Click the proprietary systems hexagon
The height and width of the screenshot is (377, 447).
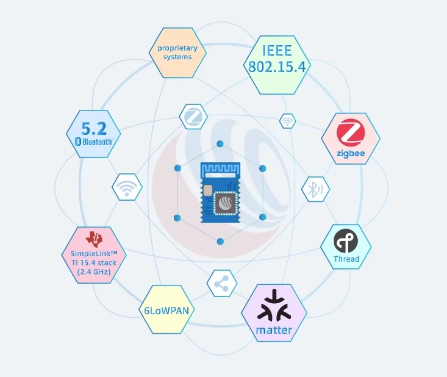tap(174, 52)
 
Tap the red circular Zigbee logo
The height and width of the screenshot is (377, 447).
tap(351, 134)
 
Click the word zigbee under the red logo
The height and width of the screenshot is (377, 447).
tap(351, 153)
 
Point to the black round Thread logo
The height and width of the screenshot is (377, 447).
tap(346, 242)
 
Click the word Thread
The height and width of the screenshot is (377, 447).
tap(346, 259)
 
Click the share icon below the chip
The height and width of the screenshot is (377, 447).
tap(221, 284)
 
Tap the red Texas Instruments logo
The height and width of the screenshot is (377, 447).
tap(94, 239)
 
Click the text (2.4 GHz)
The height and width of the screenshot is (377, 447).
tap(94, 272)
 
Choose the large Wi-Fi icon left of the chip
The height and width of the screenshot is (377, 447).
tap(127, 187)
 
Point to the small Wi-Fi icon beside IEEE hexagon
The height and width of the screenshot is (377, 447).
tap(287, 121)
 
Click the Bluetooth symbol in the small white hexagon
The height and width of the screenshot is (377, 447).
tap(315, 190)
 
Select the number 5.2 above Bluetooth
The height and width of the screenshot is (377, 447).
tap(94, 129)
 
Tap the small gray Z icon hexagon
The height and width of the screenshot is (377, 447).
tap(193, 115)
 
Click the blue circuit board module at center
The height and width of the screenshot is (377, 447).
tap(220, 192)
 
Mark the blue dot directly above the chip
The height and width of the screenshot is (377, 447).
tap(220, 144)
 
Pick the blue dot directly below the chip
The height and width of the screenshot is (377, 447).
tap(220, 242)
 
